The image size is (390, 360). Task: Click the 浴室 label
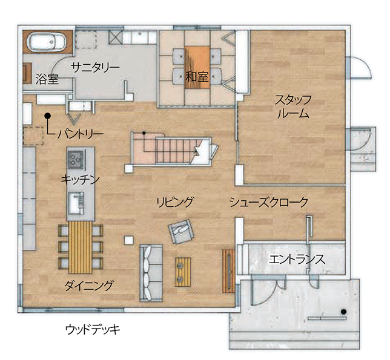pos(47,78)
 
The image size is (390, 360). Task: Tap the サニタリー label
pos(94,67)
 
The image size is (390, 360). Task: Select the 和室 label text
pos(197,77)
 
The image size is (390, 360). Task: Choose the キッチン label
pos(80,179)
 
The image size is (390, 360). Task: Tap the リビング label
pos(174,202)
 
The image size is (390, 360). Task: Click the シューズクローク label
pos(268,202)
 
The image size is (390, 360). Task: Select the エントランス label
pos(296,259)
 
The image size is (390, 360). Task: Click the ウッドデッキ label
pos(93,329)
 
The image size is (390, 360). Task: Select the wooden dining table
pos(79,247)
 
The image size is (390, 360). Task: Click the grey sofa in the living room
pos(149,272)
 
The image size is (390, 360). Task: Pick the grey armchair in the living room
pos(180,231)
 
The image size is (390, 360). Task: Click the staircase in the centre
pos(173,149)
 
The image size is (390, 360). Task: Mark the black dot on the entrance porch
pos(343,312)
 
